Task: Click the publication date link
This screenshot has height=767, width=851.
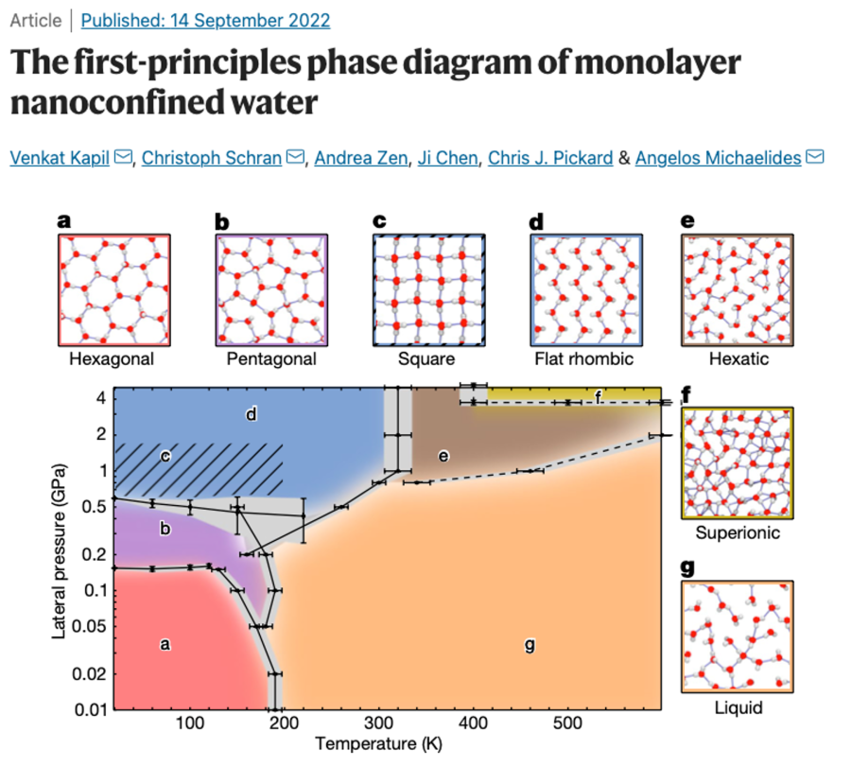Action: pos(205,20)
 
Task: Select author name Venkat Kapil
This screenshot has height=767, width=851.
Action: pos(61,157)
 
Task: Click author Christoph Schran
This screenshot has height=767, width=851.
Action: pos(212,157)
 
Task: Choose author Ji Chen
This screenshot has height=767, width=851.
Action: pos(447,157)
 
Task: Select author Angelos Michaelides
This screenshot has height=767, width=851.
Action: pos(720,157)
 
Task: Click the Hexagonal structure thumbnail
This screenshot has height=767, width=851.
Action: pos(114,289)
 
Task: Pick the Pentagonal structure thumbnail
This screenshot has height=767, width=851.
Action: pos(271,289)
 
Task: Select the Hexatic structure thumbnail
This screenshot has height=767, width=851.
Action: pos(738,289)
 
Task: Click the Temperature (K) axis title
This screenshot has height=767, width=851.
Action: pos(378,744)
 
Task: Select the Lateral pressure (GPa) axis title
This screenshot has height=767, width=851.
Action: pos(59,549)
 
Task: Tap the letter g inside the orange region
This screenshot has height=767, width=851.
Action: pos(530,646)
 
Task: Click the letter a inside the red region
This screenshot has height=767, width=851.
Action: pos(165,645)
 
